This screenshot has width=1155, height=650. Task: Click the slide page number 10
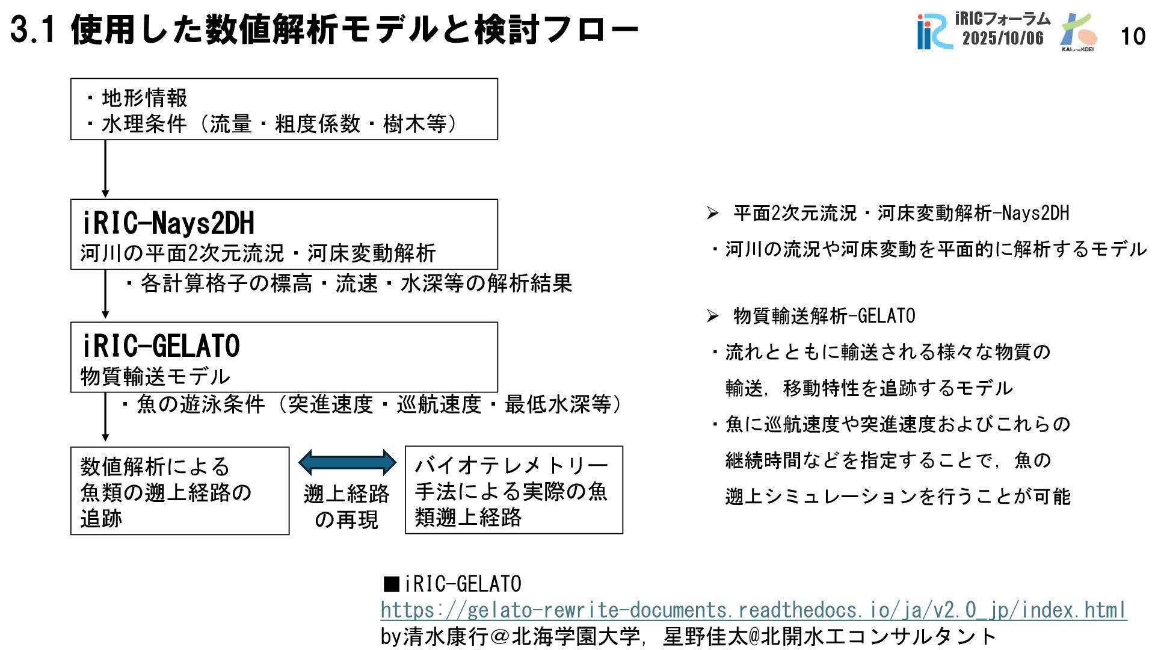pos(1133,37)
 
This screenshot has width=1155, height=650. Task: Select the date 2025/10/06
pos(1003,39)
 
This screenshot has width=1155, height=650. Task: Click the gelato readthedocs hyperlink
pos(753,610)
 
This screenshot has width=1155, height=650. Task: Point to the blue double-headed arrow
pos(347,462)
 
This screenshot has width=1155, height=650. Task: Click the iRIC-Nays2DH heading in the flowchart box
pos(168,223)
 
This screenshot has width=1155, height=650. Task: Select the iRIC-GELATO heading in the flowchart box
pos(161,346)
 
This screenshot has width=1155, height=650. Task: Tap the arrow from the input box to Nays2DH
pos(105,169)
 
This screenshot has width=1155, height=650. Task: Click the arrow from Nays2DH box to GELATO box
pos(105,295)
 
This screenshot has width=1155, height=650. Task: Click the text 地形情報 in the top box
pos(144,97)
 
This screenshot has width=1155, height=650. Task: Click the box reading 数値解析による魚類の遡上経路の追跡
pos(179,491)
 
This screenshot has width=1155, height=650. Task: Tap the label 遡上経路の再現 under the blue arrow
pos(346,507)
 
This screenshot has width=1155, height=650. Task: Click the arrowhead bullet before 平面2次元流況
pos(713,214)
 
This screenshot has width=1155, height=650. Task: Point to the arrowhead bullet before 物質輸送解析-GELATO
pos(713,317)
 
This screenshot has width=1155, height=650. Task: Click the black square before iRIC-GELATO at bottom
pos(391,584)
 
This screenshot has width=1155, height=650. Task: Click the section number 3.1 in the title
pos(33,30)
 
